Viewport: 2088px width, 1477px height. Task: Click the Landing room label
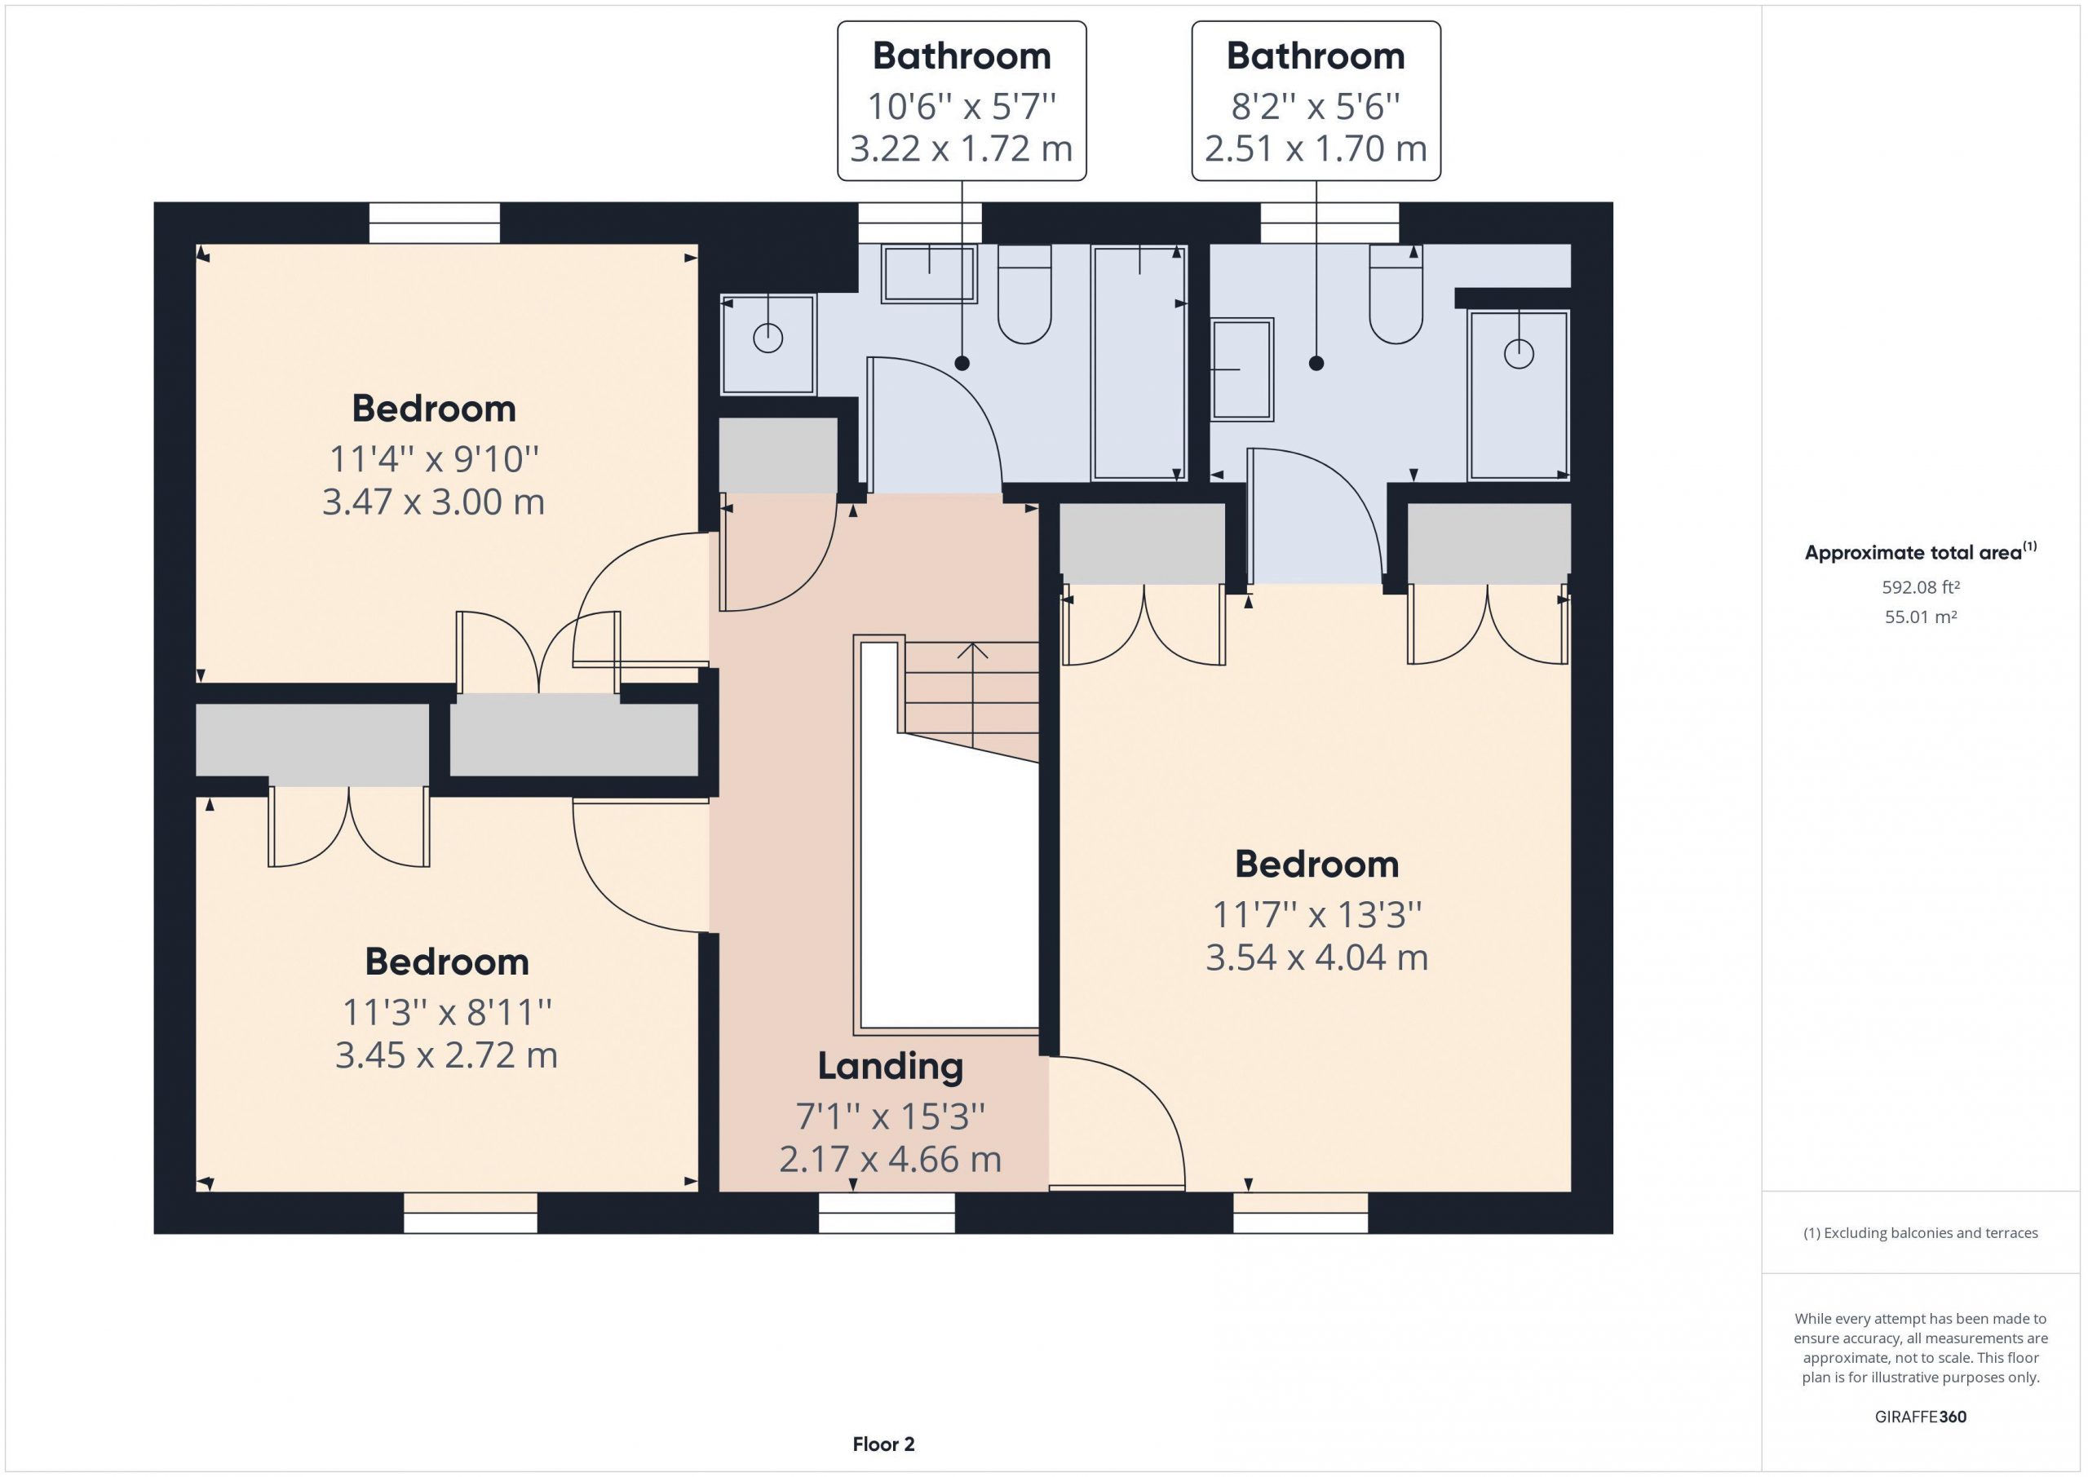[891, 1067]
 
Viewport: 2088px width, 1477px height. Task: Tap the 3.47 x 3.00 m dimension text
[434, 502]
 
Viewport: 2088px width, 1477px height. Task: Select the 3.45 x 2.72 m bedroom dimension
[446, 1055]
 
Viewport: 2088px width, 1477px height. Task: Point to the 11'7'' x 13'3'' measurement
[1316, 914]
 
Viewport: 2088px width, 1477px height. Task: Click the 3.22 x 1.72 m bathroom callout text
[962, 148]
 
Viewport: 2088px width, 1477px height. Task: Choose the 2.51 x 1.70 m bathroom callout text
[1316, 148]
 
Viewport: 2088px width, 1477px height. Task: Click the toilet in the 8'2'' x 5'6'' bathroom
[1396, 294]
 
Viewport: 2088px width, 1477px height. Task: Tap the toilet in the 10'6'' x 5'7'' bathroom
[1025, 294]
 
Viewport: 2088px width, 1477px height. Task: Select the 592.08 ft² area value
[1921, 587]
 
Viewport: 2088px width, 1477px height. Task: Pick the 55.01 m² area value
[1921, 617]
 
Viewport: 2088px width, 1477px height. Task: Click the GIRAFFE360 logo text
[1921, 1416]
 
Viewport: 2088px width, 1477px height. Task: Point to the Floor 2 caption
[883, 1444]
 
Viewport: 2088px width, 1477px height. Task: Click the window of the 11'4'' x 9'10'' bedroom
[435, 223]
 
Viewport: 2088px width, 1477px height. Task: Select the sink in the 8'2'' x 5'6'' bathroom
[1241, 369]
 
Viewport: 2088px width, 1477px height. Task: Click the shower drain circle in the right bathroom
[1519, 353]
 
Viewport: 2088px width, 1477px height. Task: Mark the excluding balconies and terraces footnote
[1921, 1233]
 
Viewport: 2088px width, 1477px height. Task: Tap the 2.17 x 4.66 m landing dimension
[891, 1160]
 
